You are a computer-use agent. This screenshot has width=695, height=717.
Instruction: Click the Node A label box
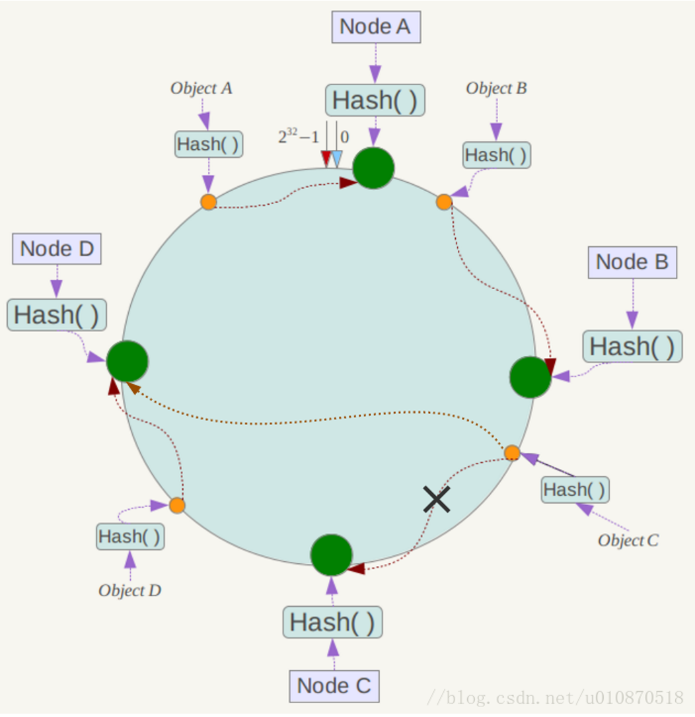coord(376,27)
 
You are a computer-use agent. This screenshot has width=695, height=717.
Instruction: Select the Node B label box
coord(632,263)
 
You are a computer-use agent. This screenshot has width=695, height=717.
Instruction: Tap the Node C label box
coord(334,686)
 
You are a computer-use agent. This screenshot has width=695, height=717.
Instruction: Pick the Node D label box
coord(57,249)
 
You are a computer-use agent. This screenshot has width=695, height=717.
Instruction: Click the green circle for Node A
coord(373,168)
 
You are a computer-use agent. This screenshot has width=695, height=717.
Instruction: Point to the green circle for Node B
coord(530,377)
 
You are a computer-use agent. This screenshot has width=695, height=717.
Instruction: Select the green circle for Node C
coord(331,555)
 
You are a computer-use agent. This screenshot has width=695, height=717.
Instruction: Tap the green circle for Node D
coord(128,361)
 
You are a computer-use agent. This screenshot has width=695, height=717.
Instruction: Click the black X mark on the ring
coord(437,499)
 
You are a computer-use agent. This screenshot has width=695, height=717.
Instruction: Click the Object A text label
coord(201,88)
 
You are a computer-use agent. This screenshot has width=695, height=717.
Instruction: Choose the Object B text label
coord(496,88)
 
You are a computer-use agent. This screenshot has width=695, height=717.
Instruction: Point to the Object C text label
coord(628,541)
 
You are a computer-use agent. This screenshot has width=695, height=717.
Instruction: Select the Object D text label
coord(130,590)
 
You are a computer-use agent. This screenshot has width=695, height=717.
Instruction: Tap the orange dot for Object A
coord(209,201)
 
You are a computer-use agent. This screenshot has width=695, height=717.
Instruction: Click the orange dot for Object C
coord(512,453)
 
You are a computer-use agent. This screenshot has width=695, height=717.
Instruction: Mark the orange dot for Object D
coord(177,505)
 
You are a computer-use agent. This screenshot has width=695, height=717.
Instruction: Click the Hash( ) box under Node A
coord(375,100)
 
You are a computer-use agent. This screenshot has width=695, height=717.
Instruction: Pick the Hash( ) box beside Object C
coord(575,490)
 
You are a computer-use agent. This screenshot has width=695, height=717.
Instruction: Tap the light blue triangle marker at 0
coord(337,159)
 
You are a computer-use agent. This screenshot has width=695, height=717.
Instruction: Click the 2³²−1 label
coord(299,136)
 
